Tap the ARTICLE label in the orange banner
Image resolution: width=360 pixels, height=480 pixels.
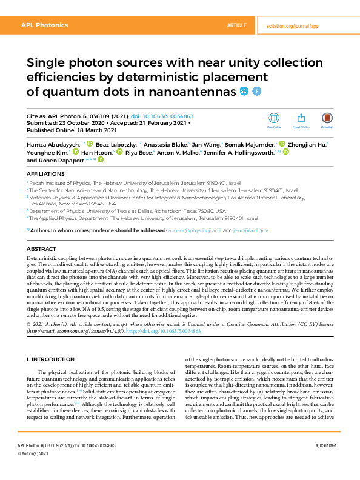[x=236, y=25]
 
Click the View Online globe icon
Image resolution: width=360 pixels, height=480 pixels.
[x=274, y=119]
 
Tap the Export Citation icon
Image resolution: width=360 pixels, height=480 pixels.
[x=301, y=119]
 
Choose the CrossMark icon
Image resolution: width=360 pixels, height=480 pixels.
[x=327, y=119]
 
